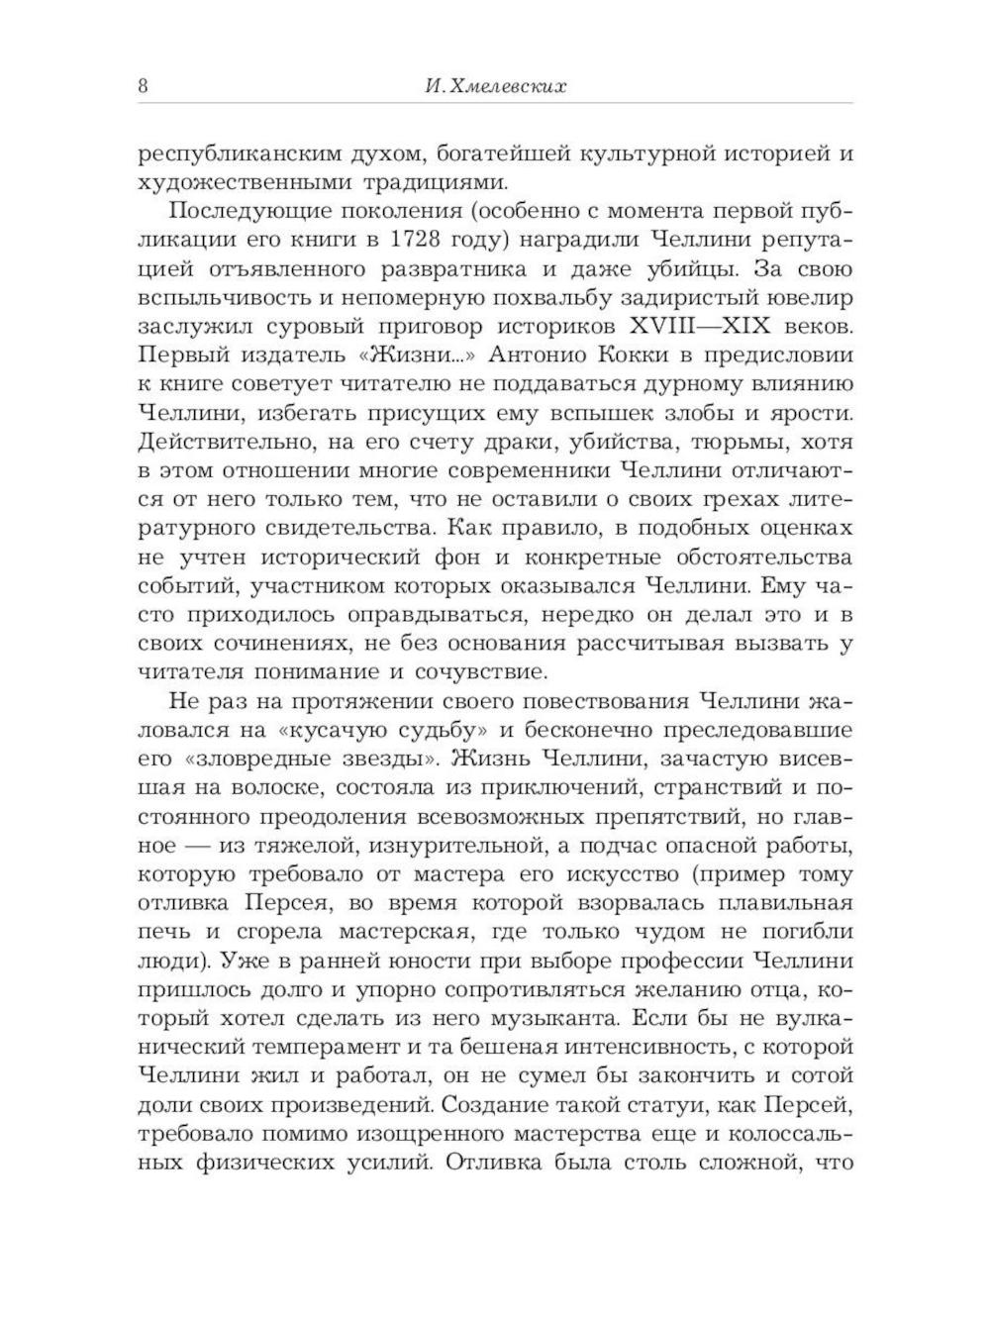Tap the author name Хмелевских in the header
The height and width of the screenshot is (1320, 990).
[508, 87]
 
